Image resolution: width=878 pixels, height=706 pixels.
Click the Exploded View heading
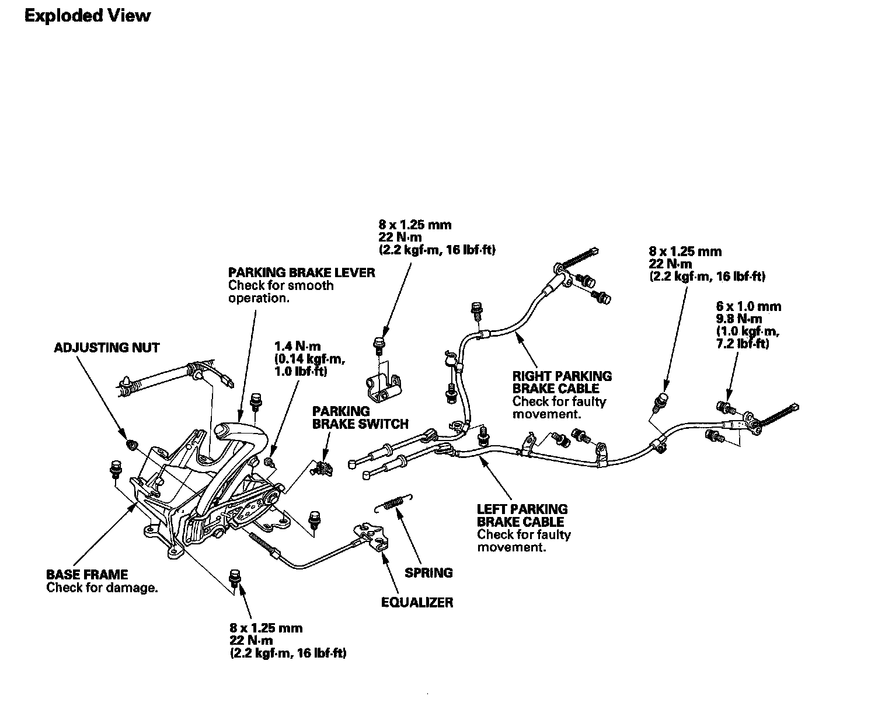88,16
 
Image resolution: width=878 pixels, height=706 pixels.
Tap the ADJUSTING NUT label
106,348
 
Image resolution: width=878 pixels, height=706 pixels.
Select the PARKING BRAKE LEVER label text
301,272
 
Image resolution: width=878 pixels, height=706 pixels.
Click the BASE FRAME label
87,575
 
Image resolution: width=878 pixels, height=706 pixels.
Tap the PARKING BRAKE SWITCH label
360,418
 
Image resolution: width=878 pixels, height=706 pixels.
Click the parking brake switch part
322,466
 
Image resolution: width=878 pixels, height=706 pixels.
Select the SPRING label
428,573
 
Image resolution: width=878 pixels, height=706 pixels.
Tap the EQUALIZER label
417,602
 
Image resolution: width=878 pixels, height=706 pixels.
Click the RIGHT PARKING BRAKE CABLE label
562,382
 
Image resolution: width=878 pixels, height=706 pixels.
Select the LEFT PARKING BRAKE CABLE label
522,516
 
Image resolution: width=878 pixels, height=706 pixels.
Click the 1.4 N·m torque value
297,347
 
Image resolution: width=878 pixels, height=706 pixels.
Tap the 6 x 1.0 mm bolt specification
748,306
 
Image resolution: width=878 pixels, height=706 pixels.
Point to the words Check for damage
102,588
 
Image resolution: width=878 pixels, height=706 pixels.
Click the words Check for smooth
281,285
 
